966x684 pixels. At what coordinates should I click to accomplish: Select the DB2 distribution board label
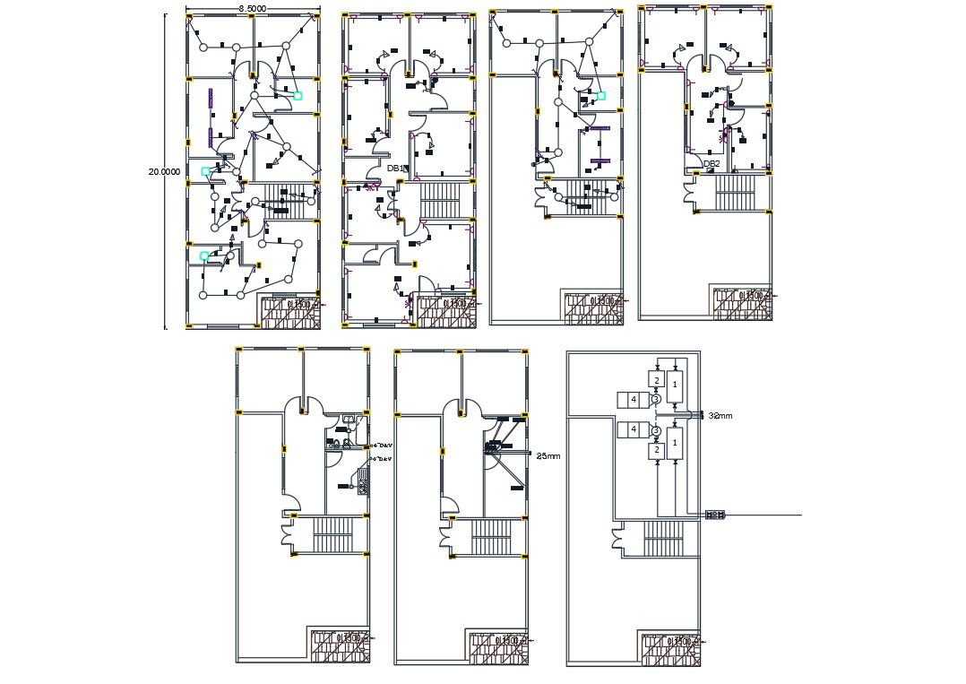[x=712, y=164]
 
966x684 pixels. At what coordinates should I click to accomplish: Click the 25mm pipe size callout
[x=548, y=456]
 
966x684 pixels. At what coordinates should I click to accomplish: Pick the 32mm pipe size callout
[x=720, y=416]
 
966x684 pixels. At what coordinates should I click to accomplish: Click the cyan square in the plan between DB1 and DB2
[x=601, y=95]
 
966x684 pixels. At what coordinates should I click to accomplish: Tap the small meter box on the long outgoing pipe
[x=715, y=515]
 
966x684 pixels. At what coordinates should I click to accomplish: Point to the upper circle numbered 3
[x=655, y=399]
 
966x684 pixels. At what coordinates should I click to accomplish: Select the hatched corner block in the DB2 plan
[x=741, y=303]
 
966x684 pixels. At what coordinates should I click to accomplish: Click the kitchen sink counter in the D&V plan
[x=363, y=481]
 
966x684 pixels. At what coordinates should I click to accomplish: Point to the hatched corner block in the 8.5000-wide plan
[x=289, y=311]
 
